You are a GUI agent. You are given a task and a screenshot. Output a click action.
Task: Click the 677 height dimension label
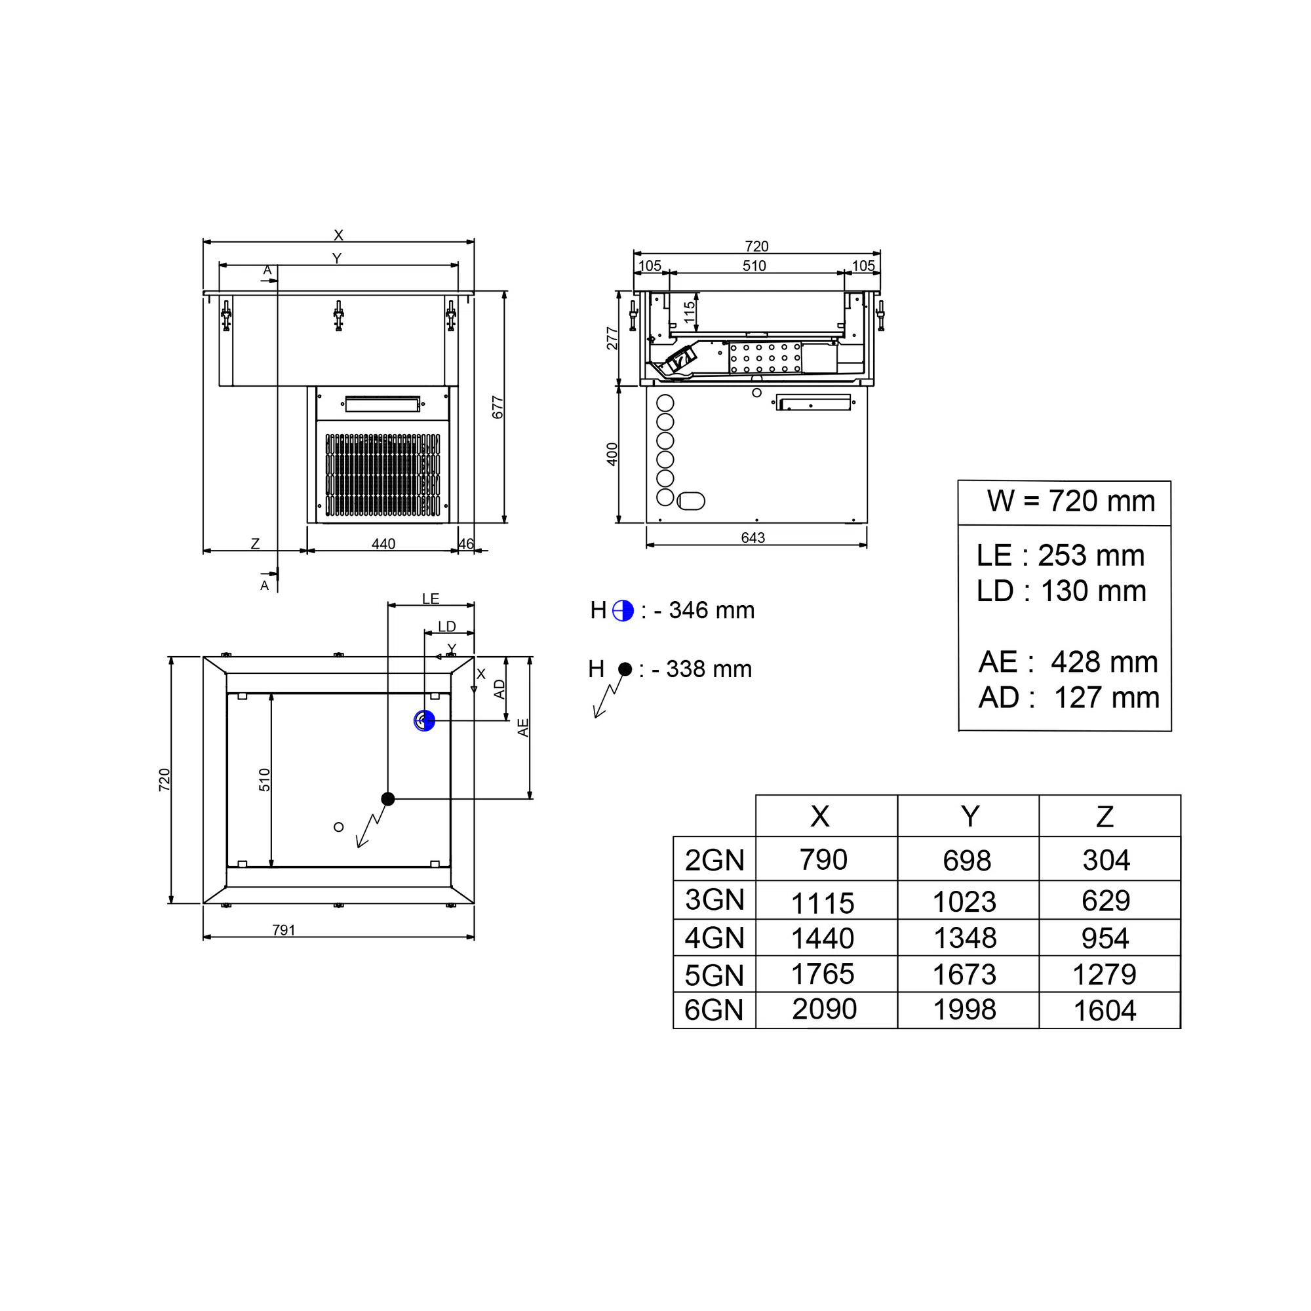pyautogui.click(x=498, y=407)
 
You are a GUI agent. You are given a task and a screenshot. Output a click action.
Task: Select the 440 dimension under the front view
pyautogui.click(x=383, y=543)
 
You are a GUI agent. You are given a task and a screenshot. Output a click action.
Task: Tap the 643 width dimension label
pyautogui.click(x=753, y=538)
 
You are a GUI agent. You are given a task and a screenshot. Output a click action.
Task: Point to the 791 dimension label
pyautogui.click(x=284, y=929)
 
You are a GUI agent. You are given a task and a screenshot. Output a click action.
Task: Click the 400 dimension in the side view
pyautogui.click(x=612, y=454)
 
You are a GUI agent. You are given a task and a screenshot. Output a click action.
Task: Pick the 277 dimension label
pyautogui.click(x=612, y=339)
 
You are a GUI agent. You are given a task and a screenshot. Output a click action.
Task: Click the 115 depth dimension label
pyautogui.click(x=690, y=312)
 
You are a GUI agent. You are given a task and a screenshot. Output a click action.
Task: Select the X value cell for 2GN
pyautogui.click(x=823, y=860)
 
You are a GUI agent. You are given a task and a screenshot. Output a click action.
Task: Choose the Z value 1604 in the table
pyautogui.click(x=1105, y=1010)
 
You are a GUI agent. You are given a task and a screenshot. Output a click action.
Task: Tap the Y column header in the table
pyautogui.click(x=969, y=816)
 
